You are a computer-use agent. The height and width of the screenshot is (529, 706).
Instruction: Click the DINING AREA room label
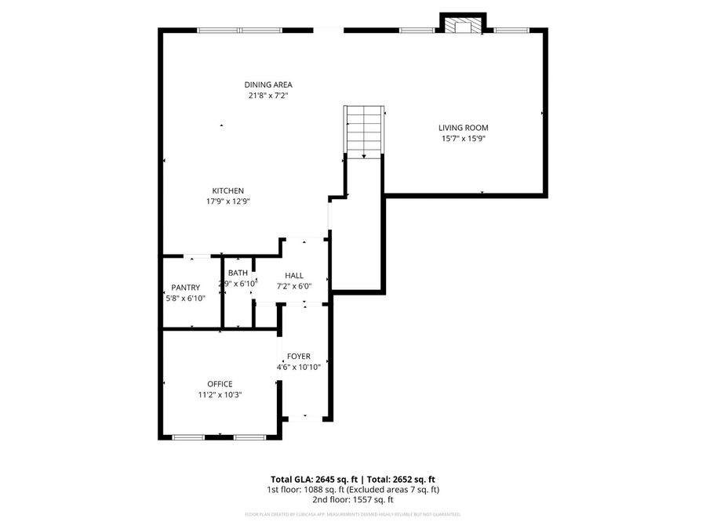[x=268, y=85]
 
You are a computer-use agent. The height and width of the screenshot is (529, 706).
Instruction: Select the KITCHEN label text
[x=228, y=190]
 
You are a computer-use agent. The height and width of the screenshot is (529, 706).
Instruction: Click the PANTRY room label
[x=185, y=288]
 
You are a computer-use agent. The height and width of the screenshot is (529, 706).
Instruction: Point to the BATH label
[x=238, y=273]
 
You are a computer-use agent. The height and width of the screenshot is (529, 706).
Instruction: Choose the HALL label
[x=294, y=276]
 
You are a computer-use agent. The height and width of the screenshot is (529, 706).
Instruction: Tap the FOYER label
[x=299, y=356]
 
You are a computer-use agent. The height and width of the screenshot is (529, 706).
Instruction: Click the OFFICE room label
[x=220, y=384]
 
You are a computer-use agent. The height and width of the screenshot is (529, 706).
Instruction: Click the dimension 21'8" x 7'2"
[x=268, y=96]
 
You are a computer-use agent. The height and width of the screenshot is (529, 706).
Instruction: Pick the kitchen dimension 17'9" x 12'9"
[x=228, y=201]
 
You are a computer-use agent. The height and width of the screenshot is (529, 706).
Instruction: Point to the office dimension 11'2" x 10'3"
[x=220, y=395]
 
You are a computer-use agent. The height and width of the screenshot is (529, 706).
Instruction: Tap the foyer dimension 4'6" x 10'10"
[x=299, y=367]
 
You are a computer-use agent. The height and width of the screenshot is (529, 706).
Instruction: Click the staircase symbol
[x=363, y=131]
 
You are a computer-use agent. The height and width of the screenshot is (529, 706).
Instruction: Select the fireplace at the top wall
[x=463, y=25]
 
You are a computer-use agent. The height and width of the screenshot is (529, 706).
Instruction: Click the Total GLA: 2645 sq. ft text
[x=315, y=479]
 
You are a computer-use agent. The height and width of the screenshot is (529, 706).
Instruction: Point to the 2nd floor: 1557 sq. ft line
[x=353, y=499]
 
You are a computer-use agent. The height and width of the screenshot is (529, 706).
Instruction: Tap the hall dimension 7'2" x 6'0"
[x=294, y=286]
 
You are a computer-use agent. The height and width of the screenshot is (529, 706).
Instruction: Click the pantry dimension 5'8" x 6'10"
[x=185, y=299]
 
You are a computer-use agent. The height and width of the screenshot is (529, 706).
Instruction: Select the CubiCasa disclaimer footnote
[x=353, y=515]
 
